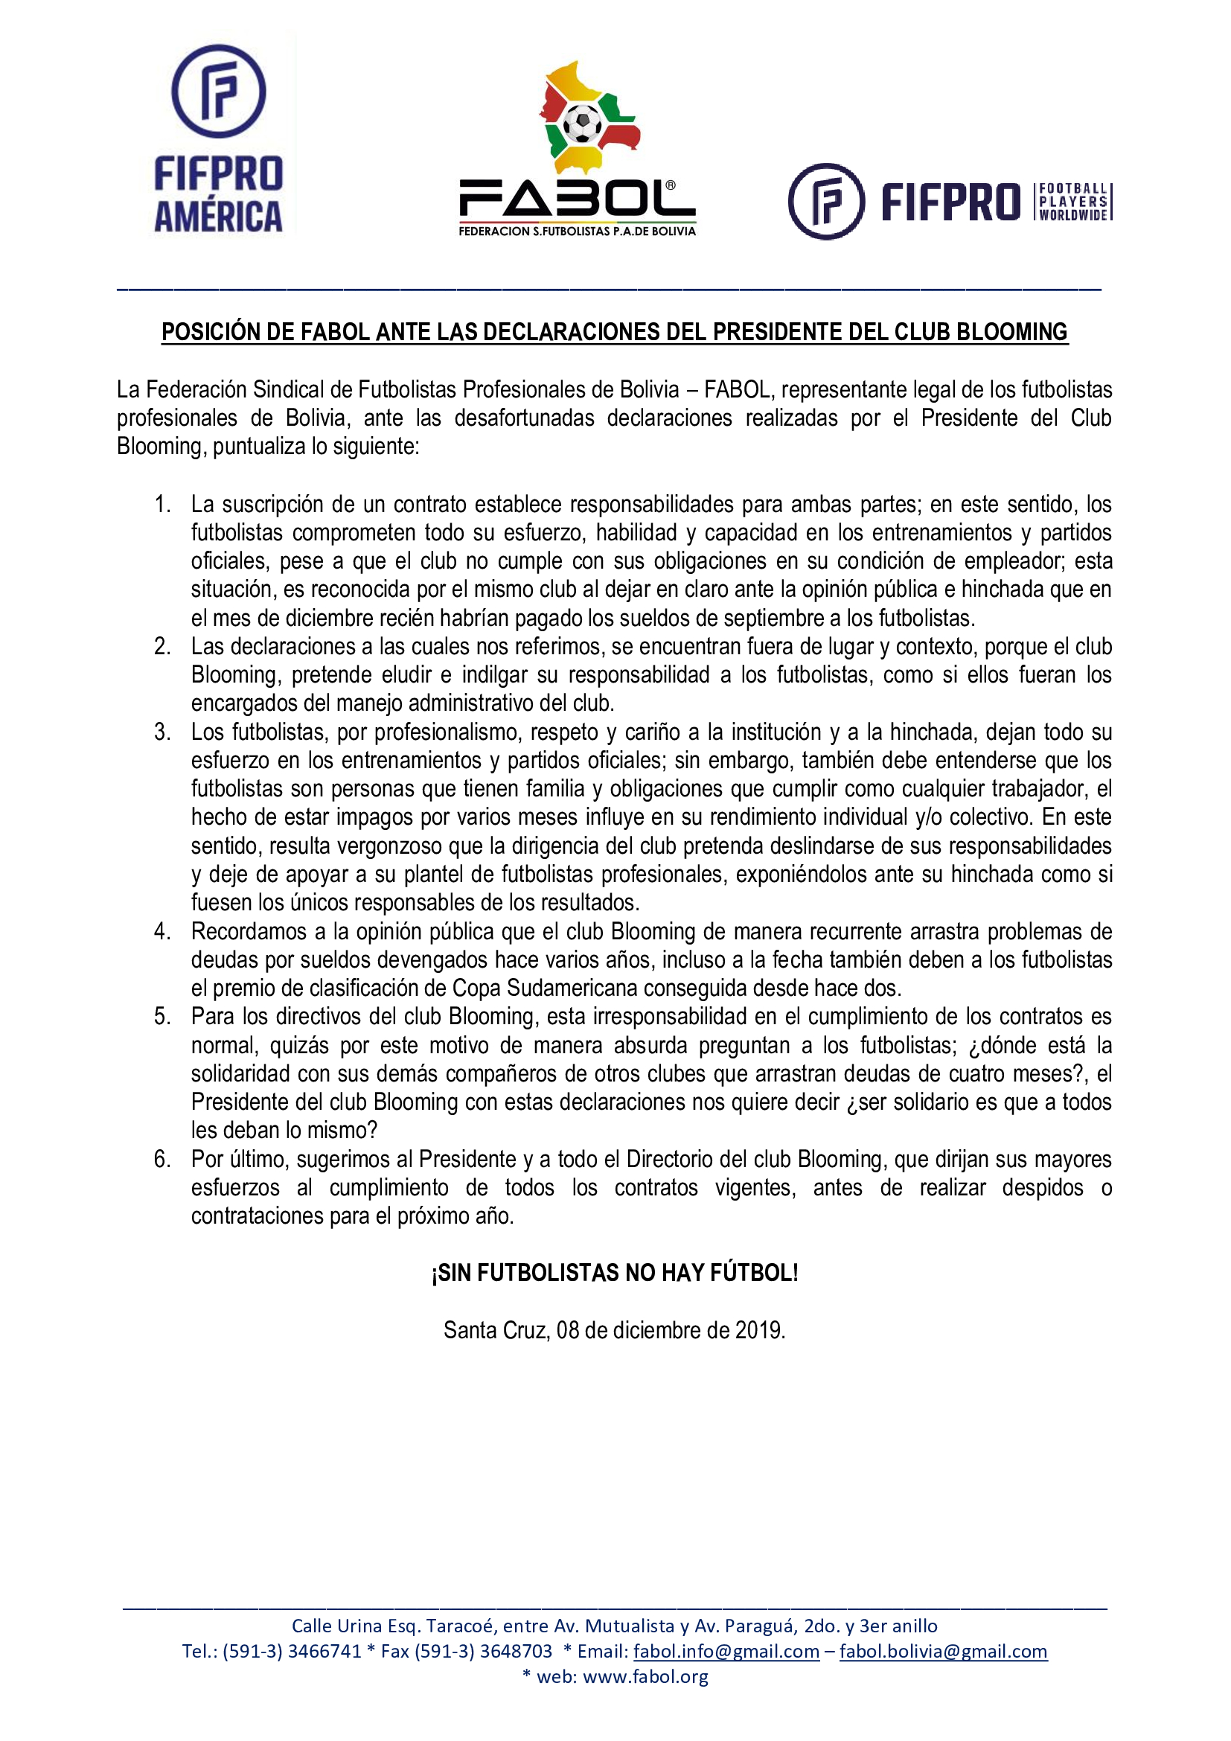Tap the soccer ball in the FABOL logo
point(583,123)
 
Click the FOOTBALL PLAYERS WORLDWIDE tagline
point(1072,202)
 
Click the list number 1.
point(162,504)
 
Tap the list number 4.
point(162,931)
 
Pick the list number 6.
point(162,1159)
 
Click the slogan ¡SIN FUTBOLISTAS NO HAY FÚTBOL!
point(615,1272)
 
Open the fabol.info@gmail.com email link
point(726,1651)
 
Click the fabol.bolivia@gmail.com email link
point(943,1651)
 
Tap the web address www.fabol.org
point(645,1675)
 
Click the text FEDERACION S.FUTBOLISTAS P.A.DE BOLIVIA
point(577,231)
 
